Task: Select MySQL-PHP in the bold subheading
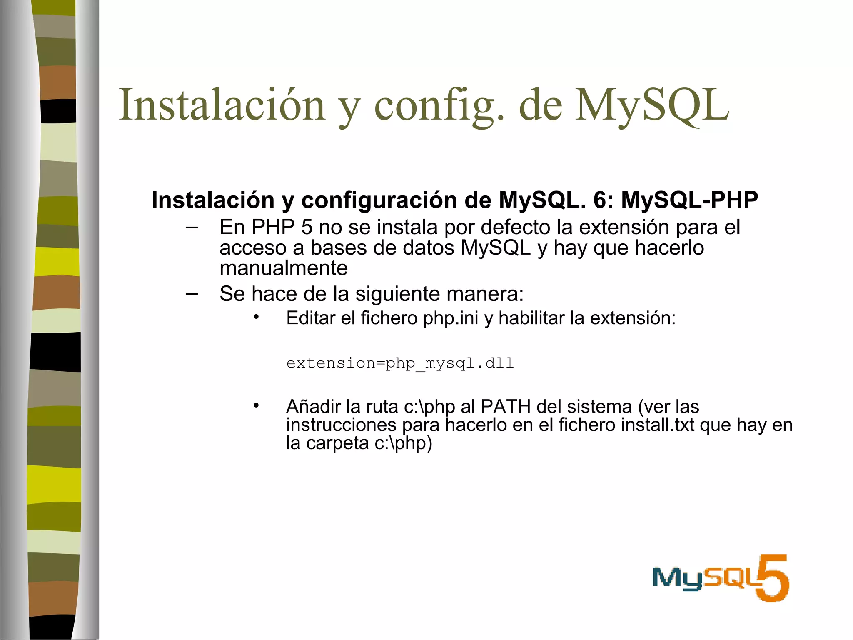pyautogui.click(x=689, y=200)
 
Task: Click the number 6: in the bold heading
pyautogui.click(x=604, y=200)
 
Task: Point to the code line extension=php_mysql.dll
pyautogui.click(x=400, y=363)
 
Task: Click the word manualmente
pyautogui.click(x=283, y=268)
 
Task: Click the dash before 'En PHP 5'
pyautogui.click(x=192, y=227)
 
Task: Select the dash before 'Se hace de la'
pyautogui.click(x=192, y=294)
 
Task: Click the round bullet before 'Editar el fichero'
pyautogui.click(x=256, y=317)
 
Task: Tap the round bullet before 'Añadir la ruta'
pyautogui.click(x=256, y=405)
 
